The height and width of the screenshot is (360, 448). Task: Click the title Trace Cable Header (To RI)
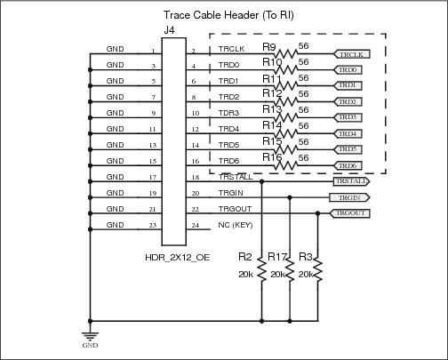point(229,15)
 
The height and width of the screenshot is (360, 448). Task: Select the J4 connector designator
point(169,31)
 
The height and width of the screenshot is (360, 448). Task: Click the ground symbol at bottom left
point(90,336)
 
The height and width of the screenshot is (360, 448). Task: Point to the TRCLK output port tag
point(351,53)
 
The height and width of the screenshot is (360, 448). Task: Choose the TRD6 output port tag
point(347,165)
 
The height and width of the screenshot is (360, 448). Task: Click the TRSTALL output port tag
point(350,181)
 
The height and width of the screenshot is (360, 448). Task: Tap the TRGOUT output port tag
point(349,213)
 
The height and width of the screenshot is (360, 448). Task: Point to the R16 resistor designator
point(272,158)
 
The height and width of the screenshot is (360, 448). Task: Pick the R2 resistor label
point(246,259)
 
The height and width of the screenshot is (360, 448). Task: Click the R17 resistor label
point(278,259)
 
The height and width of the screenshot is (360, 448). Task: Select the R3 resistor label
point(306,259)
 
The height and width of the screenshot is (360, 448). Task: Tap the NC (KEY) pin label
point(236,226)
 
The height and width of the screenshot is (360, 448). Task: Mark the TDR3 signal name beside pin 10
point(229,114)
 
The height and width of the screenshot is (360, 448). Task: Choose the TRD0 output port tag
point(347,69)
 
